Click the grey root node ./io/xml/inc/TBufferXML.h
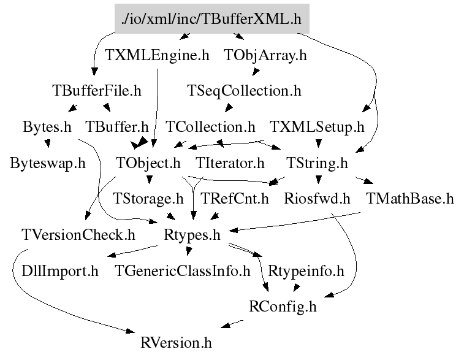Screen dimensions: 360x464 (x=211, y=19)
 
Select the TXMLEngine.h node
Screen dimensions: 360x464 (x=157, y=55)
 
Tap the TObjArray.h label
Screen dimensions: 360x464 (x=265, y=55)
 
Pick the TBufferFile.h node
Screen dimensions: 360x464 (x=97, y=91)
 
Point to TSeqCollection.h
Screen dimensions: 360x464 (x=244, y=91)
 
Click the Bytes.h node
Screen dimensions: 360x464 (x=47, y=128)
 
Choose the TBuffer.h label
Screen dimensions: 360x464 (x=117, y=128)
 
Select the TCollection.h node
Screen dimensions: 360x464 (x=210, y=128)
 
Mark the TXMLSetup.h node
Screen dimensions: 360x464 (x=317, y=128)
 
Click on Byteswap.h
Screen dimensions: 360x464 (x=47, y=164)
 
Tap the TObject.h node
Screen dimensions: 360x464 (x=148, y=164)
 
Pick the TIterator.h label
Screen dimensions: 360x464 (x=230, y=164)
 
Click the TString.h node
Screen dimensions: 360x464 (x=317, y=164)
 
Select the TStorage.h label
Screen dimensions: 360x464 (x=148, y=199)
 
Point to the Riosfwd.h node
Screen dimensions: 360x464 (x=317, y=199)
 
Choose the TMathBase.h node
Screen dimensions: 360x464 (x=409, y=199)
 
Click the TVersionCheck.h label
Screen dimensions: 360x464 (x=78, y=235)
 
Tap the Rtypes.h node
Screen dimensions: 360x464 (x=192, y=235)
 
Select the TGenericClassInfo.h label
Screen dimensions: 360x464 (x=183, y=271)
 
